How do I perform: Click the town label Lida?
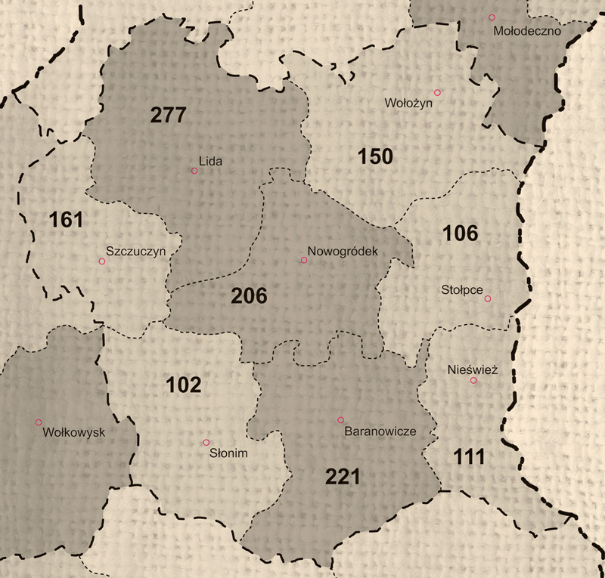[x=212, y=161]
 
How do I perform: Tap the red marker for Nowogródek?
[x=303, y=260]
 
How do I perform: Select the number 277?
[x=168, y=116]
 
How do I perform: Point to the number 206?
[x=249, y=296]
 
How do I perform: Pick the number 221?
[x=343, y=477]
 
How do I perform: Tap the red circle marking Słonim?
[x=206, y=443]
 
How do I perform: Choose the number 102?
[x=183, y=385]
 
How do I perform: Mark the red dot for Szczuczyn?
[x=102, y=261]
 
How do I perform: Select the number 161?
[x=66, y=221]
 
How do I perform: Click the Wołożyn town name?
[x=408, y=104]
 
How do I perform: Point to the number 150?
[x=375, y=157]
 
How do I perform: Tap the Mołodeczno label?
[x=524, y=32]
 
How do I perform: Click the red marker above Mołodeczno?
[x=492, y=17]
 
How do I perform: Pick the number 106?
[x=461, y=233]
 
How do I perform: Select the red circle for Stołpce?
[x=488, y=299]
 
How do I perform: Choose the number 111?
[x=469, y=456]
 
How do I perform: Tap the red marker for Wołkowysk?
[x=39, y=422]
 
